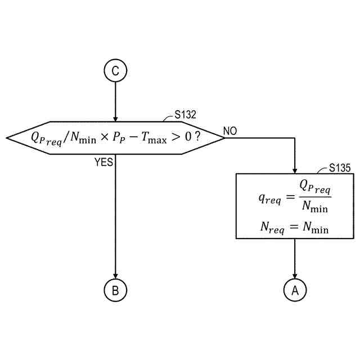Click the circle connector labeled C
tap(115, 71)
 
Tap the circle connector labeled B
tap(115, 290)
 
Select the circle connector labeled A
tap(295, 290)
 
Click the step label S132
tap(185, 115)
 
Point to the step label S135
tap(340, 167)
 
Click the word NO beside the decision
tap(230, 131)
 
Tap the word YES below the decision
tap(103, 162)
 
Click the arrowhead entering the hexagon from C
tap(115, 118)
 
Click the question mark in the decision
tap(197, 137)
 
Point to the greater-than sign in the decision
tap(176, 137)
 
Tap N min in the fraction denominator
tap(315, 207)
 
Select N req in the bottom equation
tap(272, 228)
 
